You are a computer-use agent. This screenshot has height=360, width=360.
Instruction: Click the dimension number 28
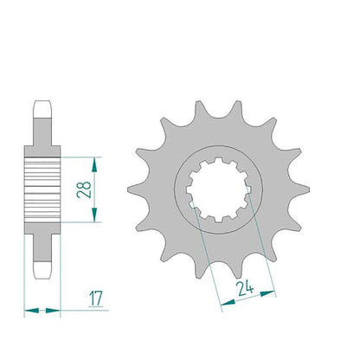(x=84, y=190)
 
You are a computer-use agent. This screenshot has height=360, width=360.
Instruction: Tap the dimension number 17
(x=95, y=299)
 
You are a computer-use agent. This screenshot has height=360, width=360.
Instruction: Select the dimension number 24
(x=245, y=289)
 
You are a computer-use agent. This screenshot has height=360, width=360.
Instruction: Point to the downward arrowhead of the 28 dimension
(x=94, y=215)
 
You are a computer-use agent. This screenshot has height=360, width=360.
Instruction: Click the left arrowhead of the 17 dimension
(x=31, y=311)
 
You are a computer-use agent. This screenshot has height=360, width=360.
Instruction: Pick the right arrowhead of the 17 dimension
(x=53, y=311)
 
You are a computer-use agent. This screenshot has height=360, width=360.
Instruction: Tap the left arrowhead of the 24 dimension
(x=228, y=302)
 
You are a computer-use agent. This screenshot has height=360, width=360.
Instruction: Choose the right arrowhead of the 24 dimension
(x=268, y=293)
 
